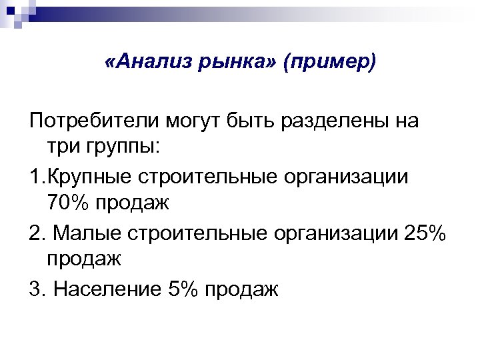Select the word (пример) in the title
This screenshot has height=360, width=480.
tap(329, 64)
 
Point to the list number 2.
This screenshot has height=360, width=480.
tap(37, 234)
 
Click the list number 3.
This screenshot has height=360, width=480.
tap(37, 289)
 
